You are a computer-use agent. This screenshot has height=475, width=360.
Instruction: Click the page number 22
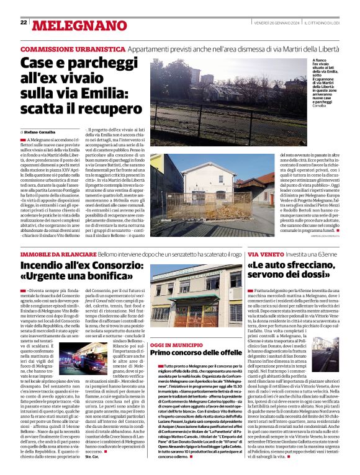[x=24, y=22]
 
